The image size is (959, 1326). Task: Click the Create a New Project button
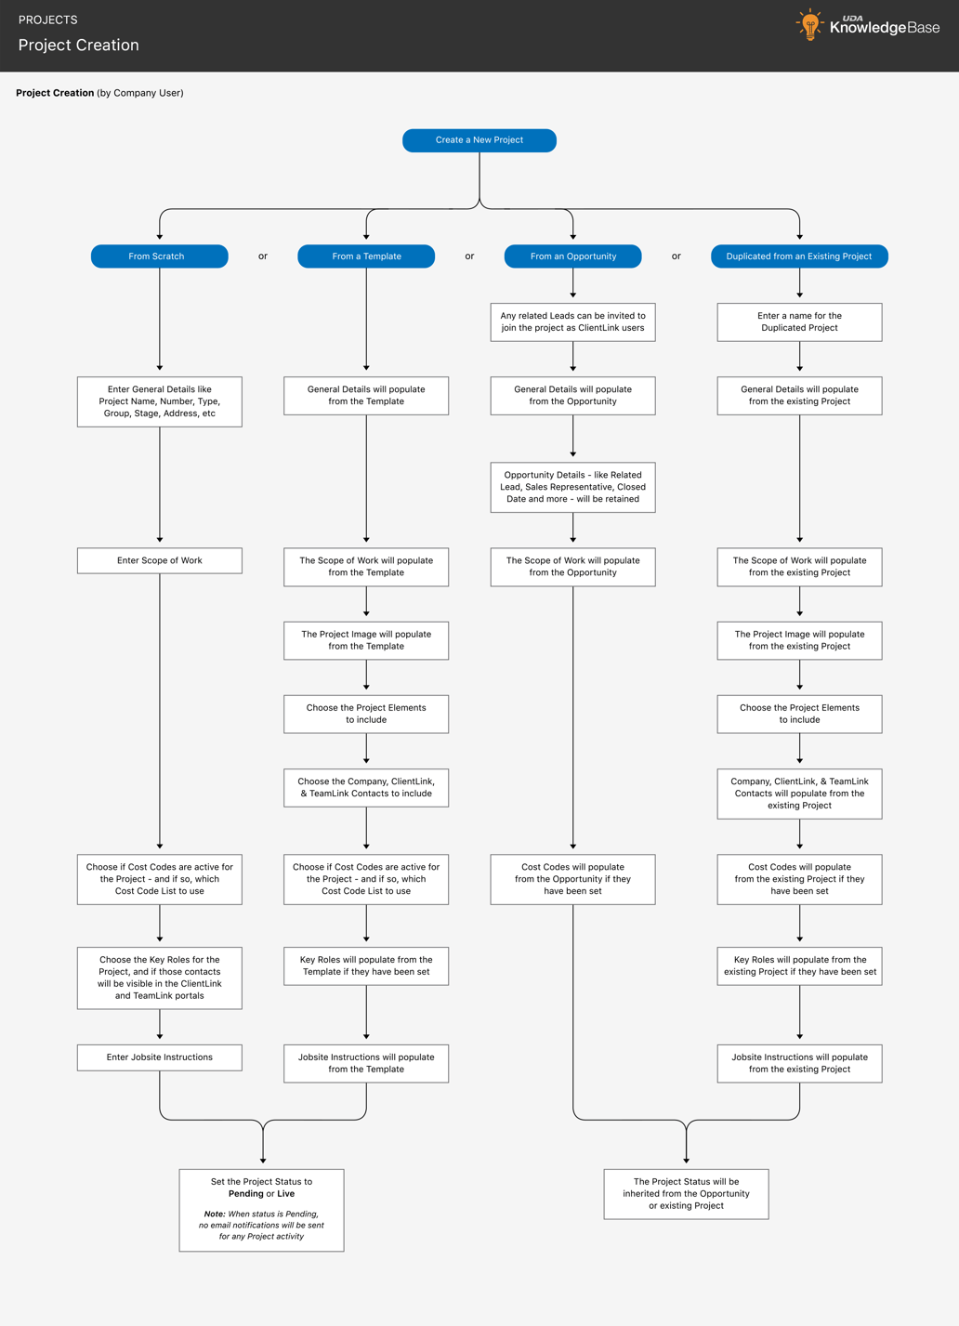tap(479, 140)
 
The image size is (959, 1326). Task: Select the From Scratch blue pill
tap(159, 256)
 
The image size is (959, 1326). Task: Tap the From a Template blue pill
tap(366, 256)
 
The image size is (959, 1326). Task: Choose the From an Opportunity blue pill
tap(572, 256)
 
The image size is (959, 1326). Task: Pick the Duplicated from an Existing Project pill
tap(799, 256)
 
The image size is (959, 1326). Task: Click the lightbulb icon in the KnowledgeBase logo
tap(810, 25)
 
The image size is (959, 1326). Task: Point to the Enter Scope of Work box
tap(159, 560)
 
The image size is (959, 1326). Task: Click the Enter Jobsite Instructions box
tap(159, 1057)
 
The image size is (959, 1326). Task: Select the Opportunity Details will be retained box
tap(572, 487)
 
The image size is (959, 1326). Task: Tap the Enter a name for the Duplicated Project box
tap(799, 322)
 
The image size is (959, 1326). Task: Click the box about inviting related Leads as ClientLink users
tap(572, 322)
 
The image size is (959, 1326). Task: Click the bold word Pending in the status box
tap(245, 1194)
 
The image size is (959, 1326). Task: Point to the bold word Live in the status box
tap(285, 1194)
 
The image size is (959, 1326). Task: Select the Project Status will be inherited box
tap(686, 1194)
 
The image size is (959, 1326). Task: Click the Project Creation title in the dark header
tap(79, 46)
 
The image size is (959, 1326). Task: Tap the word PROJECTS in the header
tap(48, 20)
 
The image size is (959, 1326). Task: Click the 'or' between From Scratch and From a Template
tap(263, 256)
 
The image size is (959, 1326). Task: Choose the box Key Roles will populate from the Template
tap(366, 965)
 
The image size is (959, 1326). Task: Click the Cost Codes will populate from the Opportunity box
tap(572, 879)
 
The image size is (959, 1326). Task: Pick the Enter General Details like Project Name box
tap(159, 401)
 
